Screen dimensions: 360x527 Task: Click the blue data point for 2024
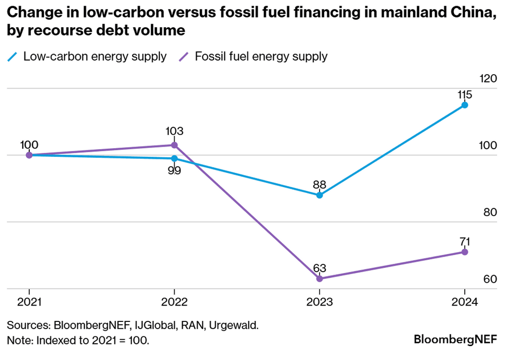(x=465, y=105)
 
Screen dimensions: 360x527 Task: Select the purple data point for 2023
(x=320, y=279)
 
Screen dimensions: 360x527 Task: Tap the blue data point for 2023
(x=320, y=195)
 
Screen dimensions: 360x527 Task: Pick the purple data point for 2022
(x=174, y=145)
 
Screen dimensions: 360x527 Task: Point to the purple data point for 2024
(x=465, y=252)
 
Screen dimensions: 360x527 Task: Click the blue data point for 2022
(x=174, y=158)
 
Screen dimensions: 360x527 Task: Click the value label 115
(x=464, y=95)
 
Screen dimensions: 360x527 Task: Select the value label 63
(x=320, y=268)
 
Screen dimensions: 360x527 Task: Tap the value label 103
(x=174, y=132)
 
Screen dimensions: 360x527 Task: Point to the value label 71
(x=464, y=241)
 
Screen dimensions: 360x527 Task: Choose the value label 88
(x=320, y=184)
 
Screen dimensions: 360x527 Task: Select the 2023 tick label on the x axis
(x=320, y=302)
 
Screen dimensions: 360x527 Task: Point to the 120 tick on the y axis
(x=487, y=79)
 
